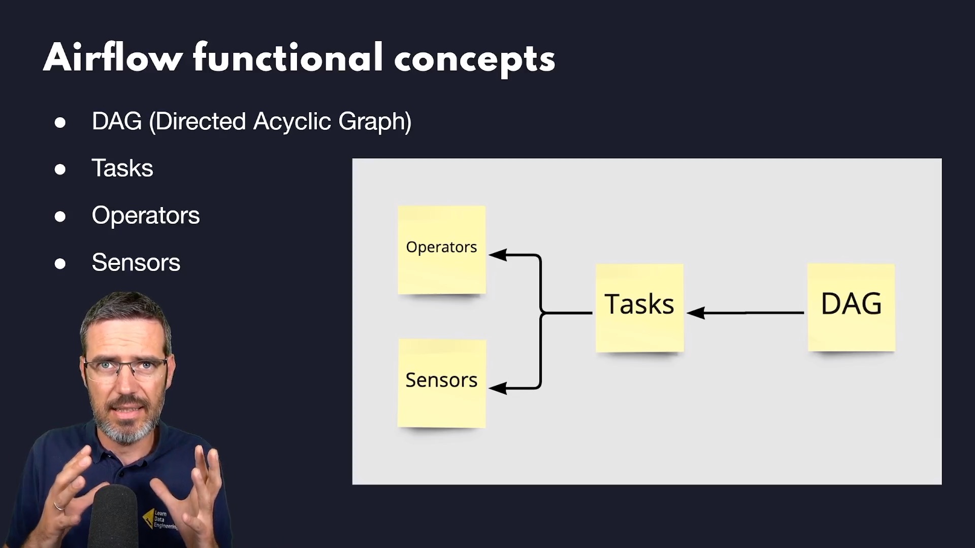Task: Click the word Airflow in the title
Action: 113,58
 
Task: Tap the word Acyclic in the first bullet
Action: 292,122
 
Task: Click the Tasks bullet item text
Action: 122,168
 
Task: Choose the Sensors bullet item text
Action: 136,262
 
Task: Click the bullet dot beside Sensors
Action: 60,263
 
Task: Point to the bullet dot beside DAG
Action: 60,122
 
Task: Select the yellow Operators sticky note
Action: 442,250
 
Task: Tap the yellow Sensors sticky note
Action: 442,384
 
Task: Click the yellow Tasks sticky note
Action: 639,307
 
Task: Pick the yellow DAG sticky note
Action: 851,307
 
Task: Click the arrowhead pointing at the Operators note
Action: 497,255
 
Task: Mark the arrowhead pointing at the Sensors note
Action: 497,388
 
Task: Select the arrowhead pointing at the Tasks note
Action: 695,313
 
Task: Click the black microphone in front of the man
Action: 115,515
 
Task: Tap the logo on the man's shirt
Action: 159,519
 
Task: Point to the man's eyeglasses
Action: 126,366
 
